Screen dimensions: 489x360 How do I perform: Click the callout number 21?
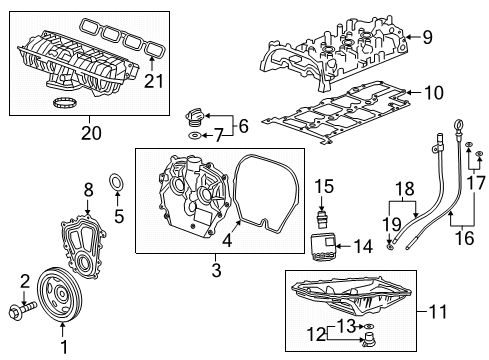154,81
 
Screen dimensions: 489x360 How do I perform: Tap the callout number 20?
91,133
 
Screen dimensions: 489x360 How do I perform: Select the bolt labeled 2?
22,309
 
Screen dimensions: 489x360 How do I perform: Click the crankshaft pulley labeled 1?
59,294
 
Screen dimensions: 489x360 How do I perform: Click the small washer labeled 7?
194,135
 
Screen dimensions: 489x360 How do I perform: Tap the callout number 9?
427,37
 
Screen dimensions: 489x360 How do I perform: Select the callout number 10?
434,93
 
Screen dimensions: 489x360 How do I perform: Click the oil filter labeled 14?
323,247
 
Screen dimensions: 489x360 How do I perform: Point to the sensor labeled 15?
322,218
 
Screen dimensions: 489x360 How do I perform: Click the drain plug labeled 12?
369,340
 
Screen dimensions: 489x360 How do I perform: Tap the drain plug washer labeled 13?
369,326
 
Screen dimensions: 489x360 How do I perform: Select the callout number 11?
438,311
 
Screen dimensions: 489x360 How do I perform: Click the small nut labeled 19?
389,247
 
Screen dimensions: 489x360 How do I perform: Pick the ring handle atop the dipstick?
458,127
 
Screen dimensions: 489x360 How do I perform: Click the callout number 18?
405,189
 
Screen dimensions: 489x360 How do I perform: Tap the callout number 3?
216,270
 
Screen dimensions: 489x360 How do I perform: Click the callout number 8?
88,190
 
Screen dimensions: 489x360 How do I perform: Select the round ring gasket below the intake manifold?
64,103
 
